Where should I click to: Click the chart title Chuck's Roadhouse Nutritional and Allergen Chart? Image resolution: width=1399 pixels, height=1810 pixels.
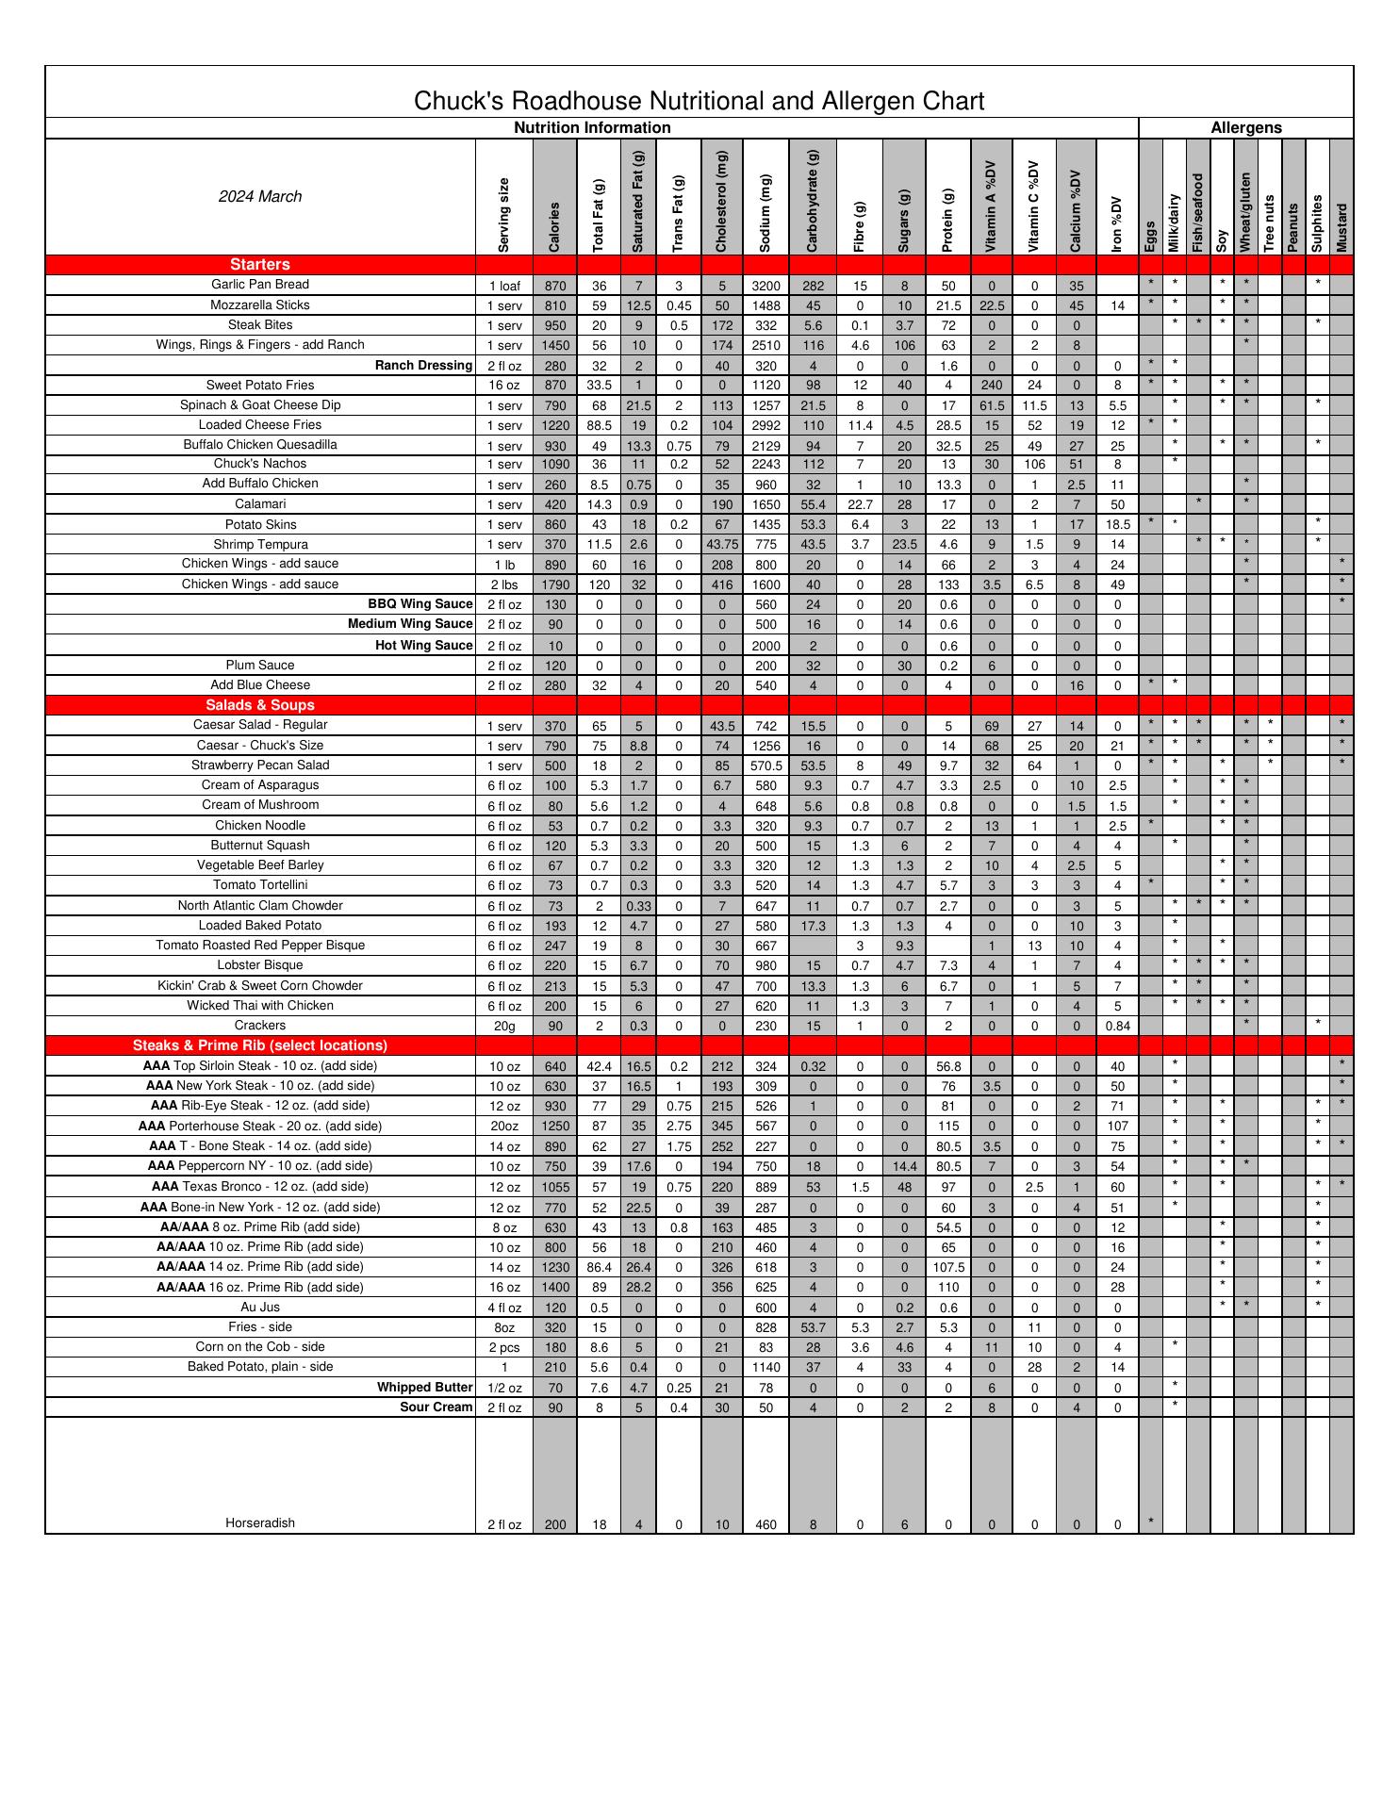(699, 101)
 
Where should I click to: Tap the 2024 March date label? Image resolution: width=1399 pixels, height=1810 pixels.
(260, 196)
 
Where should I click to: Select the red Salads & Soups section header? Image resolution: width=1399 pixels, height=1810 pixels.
(260, 705)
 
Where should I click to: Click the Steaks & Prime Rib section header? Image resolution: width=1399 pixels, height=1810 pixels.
(260, 1045)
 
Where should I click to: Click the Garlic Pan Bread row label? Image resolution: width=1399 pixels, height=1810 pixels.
(260, 285)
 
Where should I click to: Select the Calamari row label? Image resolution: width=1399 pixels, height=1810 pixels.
(260, 504)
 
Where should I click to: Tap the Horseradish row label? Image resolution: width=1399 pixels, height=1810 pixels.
(260, 1522)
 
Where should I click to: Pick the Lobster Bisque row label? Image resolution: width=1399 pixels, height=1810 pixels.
(260, 965)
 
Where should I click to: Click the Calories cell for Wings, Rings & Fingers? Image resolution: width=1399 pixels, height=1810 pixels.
(555, 346)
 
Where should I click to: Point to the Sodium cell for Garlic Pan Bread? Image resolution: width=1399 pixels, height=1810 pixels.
(765, 286)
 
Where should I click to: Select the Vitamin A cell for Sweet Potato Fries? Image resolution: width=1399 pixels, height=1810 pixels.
(992, 386)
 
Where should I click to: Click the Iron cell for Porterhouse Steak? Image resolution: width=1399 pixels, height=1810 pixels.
(1117, 1127)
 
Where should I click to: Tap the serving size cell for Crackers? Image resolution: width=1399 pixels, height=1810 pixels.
(504, 1026)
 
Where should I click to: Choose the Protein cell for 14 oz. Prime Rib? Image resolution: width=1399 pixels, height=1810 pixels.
(948, 1268)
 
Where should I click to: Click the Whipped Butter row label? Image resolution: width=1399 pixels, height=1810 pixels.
(424, 1388)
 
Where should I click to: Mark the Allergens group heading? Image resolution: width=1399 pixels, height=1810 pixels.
(1245, 128)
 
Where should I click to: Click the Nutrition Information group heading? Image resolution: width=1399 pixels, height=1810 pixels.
(592, 128)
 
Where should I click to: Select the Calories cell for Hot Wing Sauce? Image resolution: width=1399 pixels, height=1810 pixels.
(555, 646)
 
